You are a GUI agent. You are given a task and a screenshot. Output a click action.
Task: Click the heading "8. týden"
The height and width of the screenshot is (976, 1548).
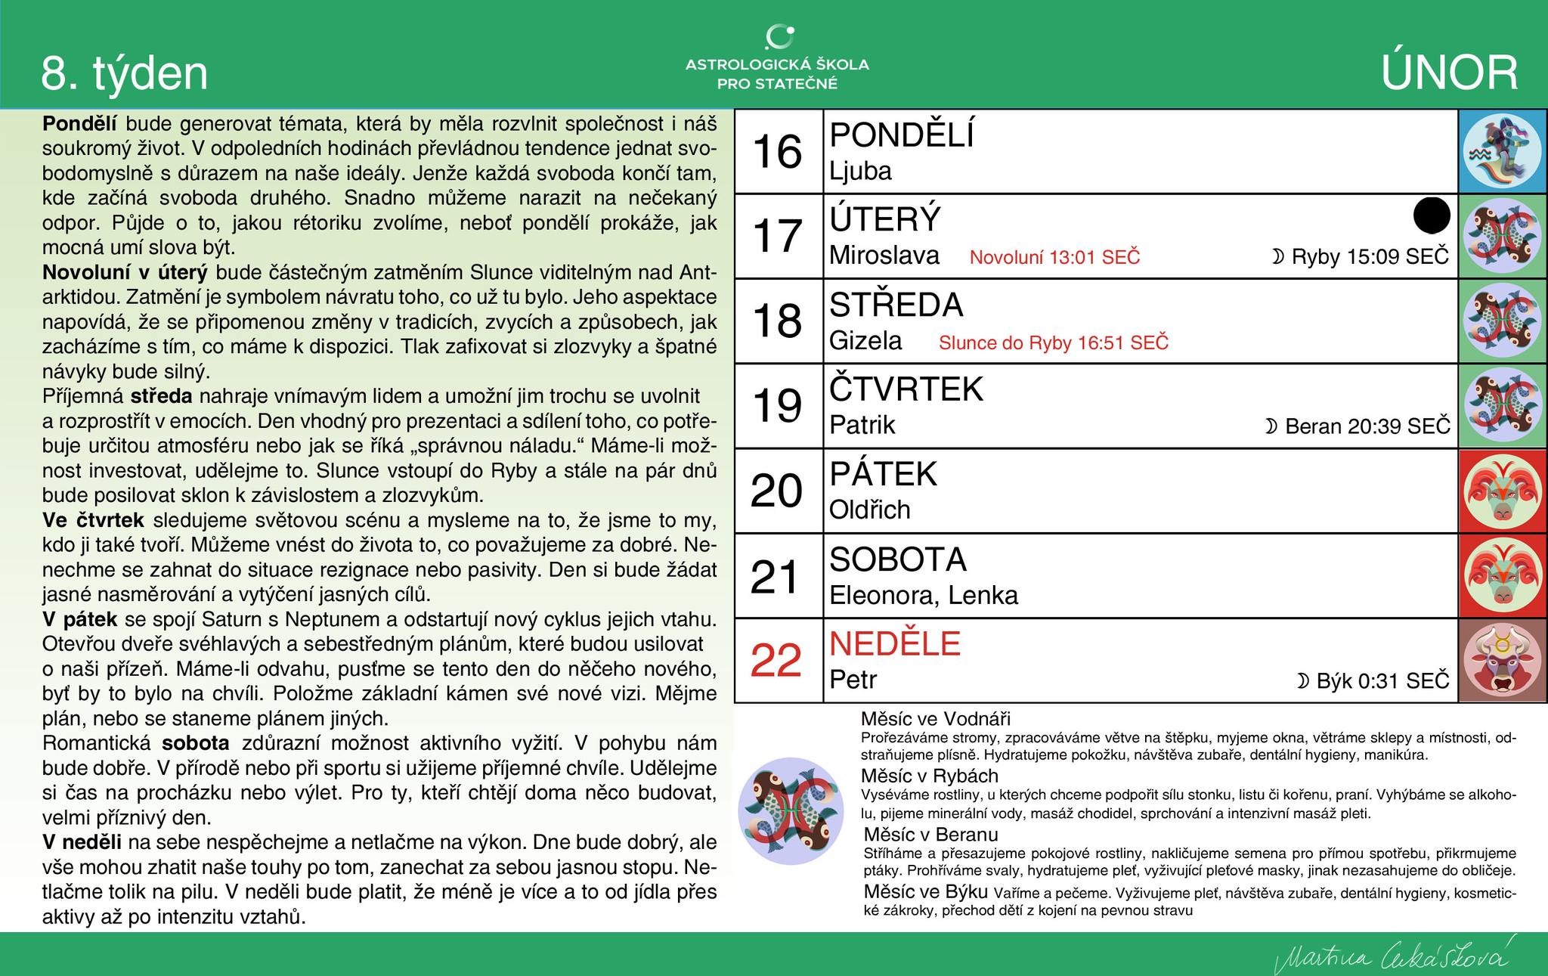125,74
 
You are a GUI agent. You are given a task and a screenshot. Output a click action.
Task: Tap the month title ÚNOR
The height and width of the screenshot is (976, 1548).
1449,74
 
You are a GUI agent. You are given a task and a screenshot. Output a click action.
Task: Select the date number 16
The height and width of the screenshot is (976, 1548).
778,152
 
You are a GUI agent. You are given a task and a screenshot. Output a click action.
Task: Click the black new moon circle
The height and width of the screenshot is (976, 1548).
1432,215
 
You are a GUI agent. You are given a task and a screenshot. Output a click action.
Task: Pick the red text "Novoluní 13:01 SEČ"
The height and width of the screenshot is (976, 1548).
1054,258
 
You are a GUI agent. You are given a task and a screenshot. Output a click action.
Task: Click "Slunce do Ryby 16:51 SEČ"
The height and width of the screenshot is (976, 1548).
1054,343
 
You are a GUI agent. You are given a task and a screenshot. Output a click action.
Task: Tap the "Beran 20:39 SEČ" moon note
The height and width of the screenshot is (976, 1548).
1358,426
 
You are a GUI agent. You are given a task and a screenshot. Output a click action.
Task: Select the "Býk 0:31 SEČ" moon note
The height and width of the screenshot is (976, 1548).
1373,681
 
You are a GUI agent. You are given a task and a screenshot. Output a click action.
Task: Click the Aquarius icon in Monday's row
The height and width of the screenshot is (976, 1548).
1502,152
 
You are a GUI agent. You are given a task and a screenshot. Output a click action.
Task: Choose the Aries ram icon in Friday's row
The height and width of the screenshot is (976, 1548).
1502,491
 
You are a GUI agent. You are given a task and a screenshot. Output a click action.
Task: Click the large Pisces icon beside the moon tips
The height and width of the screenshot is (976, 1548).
791,811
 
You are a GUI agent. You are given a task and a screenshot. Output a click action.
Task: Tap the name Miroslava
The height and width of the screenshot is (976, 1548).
884,256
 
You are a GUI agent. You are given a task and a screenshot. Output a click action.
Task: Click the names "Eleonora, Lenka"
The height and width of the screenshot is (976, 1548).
924,596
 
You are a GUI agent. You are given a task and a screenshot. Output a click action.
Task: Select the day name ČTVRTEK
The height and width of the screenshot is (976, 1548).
906,389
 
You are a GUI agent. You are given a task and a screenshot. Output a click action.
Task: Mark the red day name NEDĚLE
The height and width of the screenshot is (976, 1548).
895,644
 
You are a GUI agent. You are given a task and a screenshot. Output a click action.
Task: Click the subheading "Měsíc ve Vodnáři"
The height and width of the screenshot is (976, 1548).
935,719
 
